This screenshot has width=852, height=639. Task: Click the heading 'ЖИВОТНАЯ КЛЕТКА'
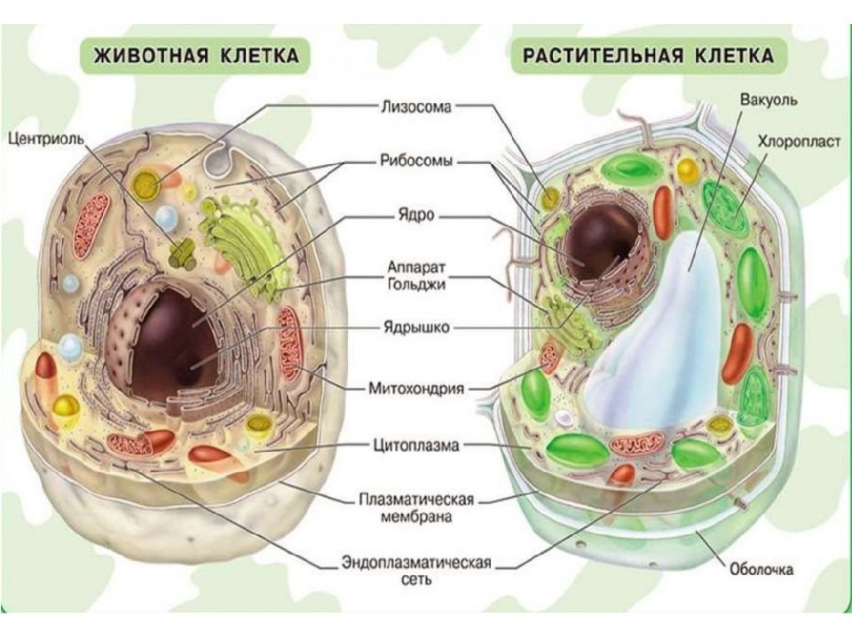(196, 55)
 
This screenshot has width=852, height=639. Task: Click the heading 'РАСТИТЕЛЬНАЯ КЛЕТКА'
(648, 55)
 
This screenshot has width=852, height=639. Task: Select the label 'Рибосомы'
(416, 161)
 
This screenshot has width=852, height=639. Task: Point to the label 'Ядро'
(416, 215)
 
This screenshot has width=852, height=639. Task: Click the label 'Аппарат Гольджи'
(416, 275)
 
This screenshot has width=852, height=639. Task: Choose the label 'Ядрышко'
(416, 327)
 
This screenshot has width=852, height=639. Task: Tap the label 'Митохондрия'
(416, 388)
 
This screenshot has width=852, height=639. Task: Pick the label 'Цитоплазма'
(416, 445)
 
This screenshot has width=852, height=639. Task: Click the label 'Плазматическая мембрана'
(416, 507)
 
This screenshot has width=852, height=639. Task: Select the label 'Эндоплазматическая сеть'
(416, 570)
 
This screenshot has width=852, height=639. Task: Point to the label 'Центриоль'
(46, 138)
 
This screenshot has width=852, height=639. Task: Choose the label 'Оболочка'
(761, 569)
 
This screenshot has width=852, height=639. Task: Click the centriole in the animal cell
(183, 252)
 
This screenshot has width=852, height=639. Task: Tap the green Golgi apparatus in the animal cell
(245, 245)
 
